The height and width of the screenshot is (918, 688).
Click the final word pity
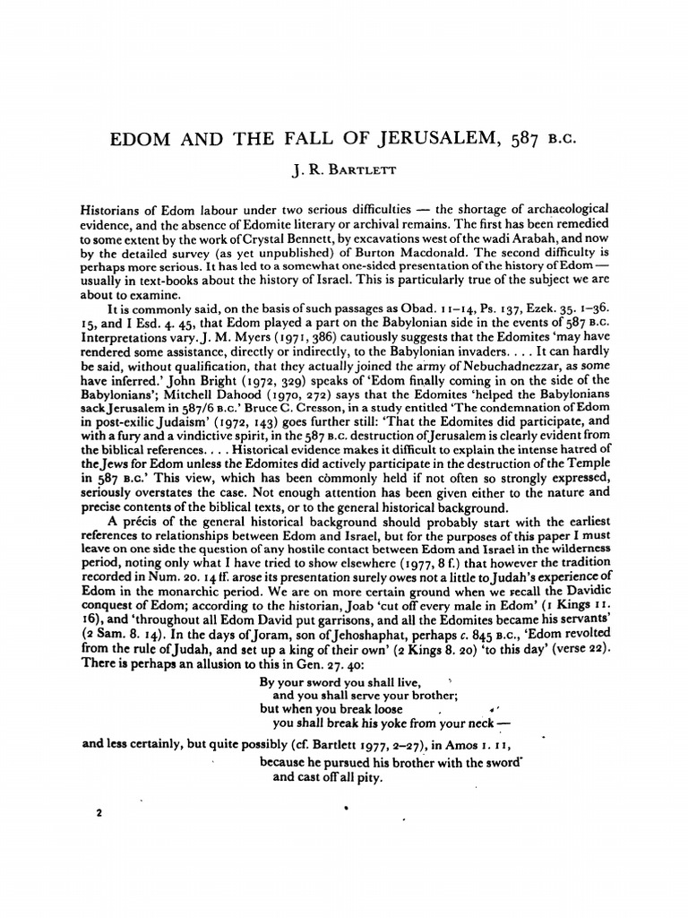pos(368,777)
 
